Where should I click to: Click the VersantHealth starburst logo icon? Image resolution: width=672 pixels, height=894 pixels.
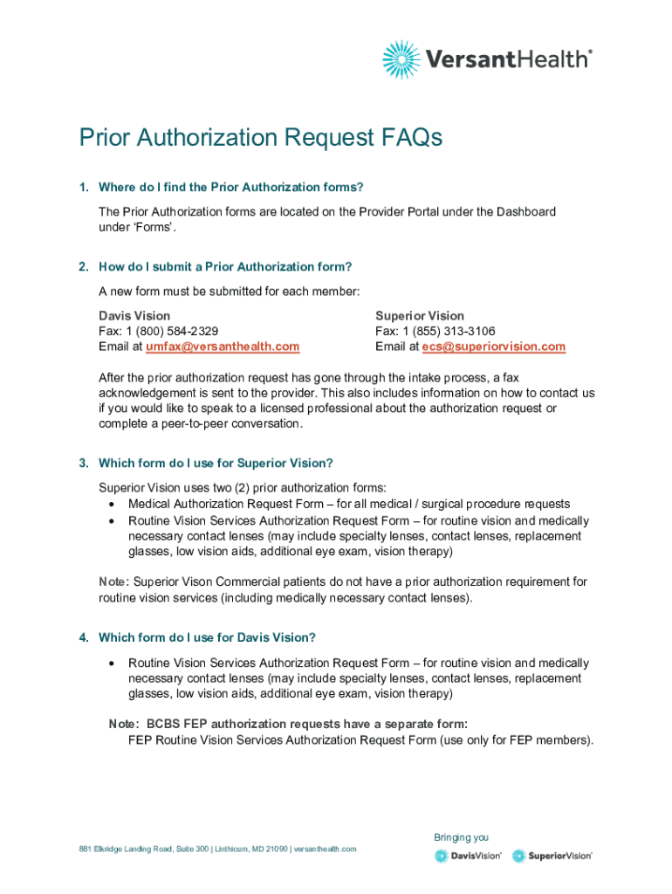point(401,59)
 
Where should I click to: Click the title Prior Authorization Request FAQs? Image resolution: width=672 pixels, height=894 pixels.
point(261,138)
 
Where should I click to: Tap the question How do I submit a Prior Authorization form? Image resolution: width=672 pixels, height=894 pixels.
point(225,266)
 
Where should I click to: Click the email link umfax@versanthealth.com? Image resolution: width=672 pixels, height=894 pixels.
point(222,347)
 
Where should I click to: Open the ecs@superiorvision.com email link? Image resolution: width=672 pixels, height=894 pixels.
point(493,347)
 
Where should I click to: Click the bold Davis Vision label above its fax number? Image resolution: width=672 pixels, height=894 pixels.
point(134,315)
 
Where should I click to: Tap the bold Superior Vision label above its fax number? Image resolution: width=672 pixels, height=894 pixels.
point(420,315)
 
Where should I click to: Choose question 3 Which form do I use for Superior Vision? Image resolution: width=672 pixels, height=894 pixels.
point(216,463)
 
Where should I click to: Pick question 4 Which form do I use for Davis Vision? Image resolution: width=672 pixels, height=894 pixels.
point(207,637)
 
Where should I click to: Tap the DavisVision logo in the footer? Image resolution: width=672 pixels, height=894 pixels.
point(468,856)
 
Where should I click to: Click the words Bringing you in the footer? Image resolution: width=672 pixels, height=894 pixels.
point(461,837)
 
